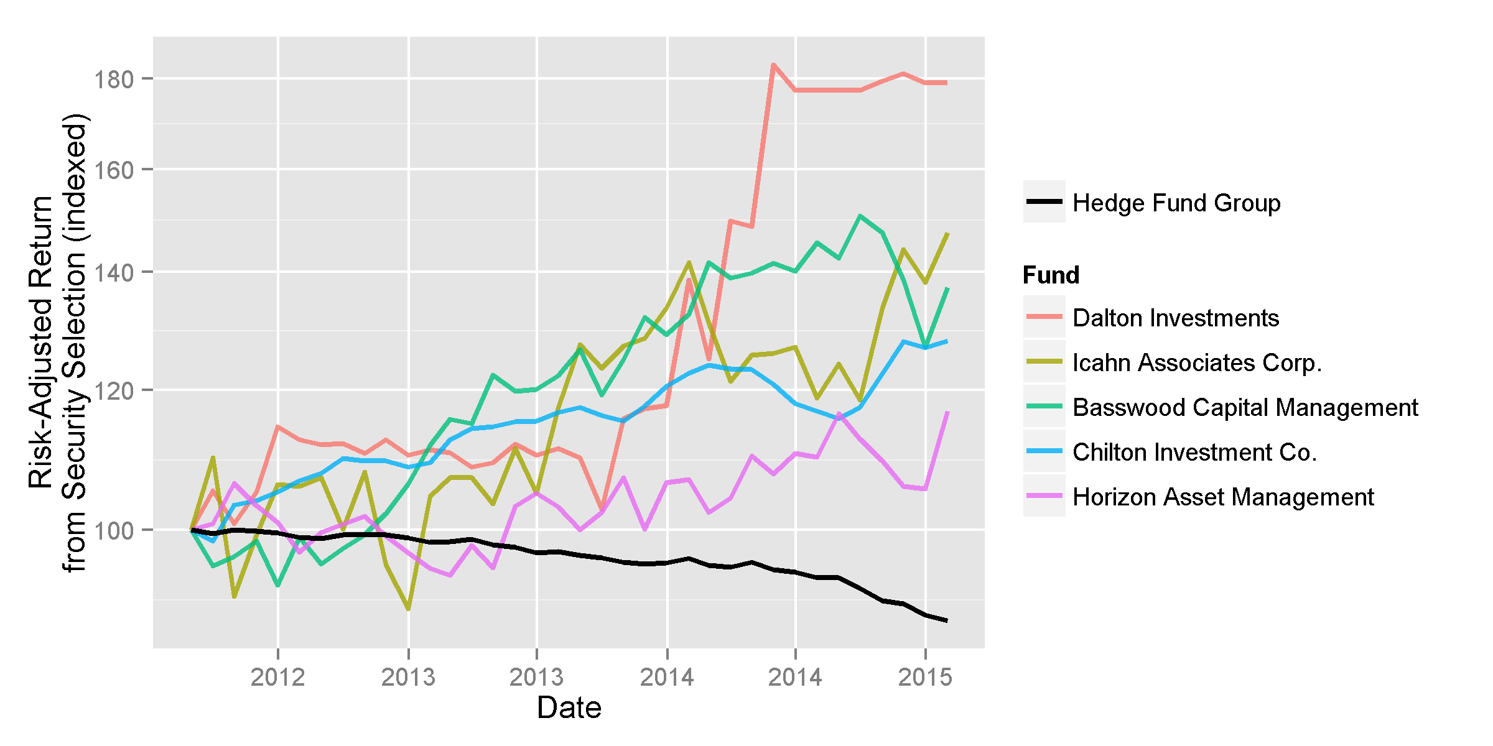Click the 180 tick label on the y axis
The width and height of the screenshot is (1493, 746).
tap(113, 79)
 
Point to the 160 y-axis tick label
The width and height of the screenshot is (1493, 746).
tap(113, 170)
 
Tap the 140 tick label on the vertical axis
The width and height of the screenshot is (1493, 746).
tap(113, 272)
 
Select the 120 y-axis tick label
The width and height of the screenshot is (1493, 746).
tap(113, 390)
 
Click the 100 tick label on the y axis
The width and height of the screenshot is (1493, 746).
tap(113, 530)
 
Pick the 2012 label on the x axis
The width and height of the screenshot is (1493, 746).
tap(277, 677)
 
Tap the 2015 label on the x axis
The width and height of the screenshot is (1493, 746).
tap(925, 677)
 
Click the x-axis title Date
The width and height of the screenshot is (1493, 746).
tap(569, 708)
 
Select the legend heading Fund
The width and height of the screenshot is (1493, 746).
tap(1051, 275)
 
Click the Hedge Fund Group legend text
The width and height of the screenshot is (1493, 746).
tap(1176, 203)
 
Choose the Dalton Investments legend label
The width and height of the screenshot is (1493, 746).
tap(1176, 318)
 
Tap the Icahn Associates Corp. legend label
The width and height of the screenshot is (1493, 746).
tap(1197, 362)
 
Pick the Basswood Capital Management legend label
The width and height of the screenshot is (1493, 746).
tap(1245, 407)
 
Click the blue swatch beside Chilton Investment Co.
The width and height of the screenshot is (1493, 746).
tap(1044, 451)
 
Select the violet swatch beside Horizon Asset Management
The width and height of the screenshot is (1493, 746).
tap(1044, 495)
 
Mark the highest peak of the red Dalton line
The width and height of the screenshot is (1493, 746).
tap(773, 65)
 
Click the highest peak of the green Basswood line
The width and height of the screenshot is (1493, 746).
tap(860, 216)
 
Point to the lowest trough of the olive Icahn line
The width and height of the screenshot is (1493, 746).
tap(408, 609)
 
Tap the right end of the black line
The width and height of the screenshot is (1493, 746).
tap(947, 620)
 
